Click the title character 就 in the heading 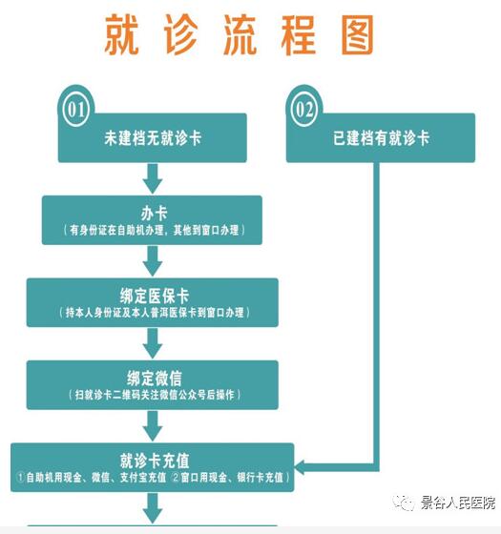122,34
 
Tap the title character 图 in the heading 358,34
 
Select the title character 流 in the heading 240,34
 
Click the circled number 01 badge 75,110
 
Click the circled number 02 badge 304,110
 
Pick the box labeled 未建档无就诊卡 153,137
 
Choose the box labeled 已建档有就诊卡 381,137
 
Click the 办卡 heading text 154,214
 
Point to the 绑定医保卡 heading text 154,296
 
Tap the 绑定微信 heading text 155,378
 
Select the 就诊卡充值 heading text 155,461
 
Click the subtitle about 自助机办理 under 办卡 154,230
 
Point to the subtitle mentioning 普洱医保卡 154,313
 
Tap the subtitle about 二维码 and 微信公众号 155,395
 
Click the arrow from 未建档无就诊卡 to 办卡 153,178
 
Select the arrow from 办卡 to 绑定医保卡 153,261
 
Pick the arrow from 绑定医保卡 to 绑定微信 153,343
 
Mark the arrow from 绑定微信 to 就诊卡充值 153,425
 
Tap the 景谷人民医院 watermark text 457,503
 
